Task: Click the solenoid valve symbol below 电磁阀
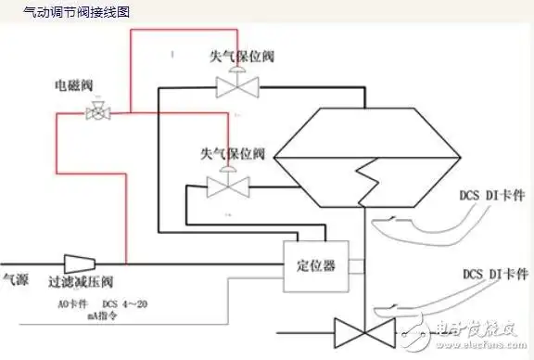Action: [x=95, y=113]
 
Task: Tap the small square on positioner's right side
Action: [x=357, y=267]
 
